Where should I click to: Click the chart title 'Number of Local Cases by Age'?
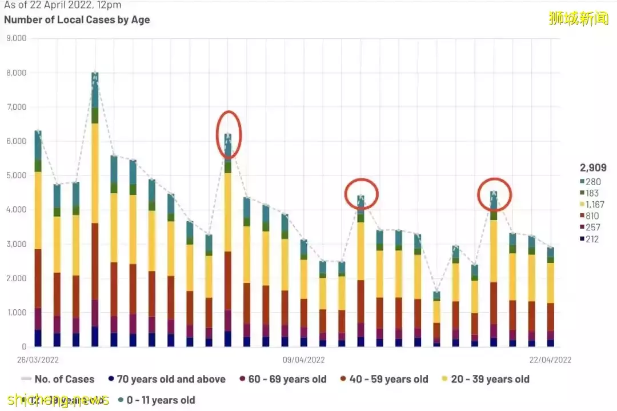77,19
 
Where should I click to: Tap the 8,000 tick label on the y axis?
16,73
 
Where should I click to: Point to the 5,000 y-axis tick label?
16,175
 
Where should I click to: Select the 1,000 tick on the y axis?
16,313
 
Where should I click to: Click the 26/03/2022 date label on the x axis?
38,360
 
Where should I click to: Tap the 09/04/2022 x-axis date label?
303,360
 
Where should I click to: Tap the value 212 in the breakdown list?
592,239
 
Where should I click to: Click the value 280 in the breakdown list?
592,182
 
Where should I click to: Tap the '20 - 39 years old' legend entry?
486,379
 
